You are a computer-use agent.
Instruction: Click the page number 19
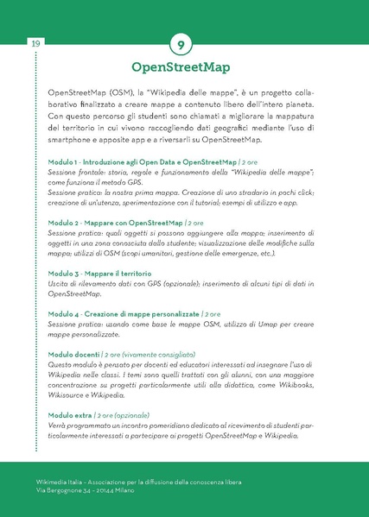12,44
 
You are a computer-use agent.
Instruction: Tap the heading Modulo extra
70,414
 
